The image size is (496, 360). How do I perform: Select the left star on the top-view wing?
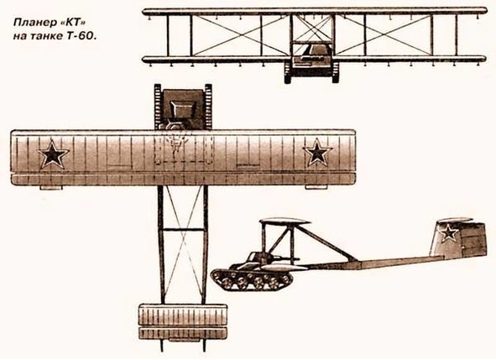[53, 154]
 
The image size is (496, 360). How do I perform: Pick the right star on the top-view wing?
[317, 153]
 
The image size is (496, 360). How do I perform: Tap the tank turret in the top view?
[182, 109]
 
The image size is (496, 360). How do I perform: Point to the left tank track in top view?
[158, 107]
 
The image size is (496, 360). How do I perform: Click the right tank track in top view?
[208, 107]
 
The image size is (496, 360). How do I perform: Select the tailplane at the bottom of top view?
[183, 321]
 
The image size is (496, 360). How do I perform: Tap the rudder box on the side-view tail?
[474, 239]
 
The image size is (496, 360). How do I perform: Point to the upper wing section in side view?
[284, 222]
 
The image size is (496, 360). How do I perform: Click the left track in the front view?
[288, 73]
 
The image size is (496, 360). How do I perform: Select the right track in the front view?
[336, 73]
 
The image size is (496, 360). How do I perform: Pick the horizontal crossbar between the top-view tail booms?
[183, 230]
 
